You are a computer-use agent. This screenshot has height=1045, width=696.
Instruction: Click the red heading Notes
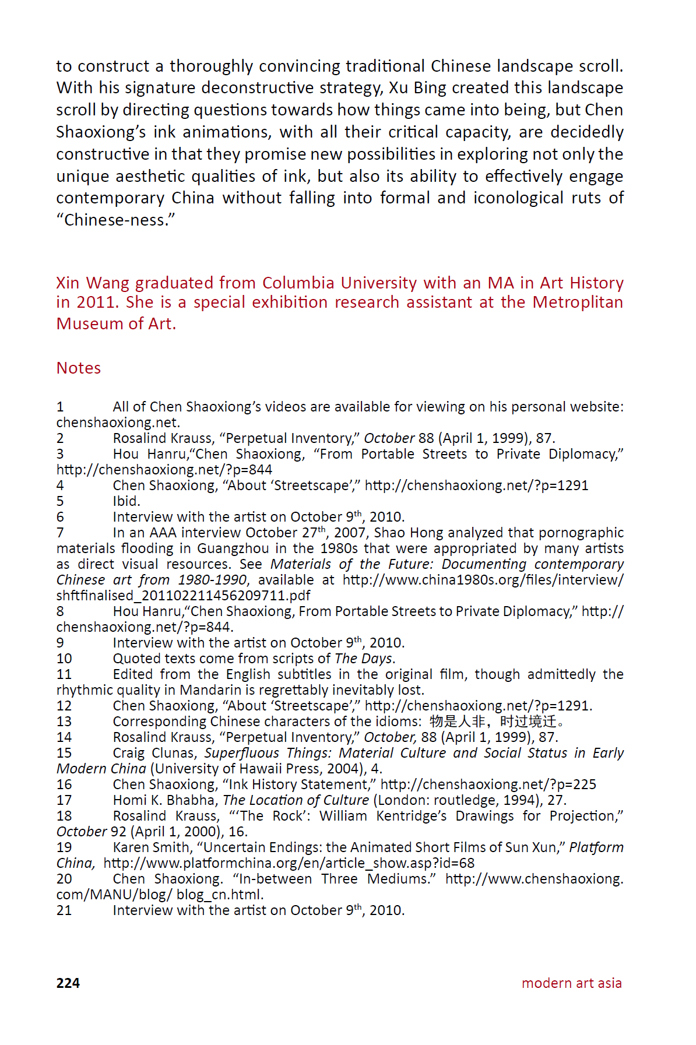[x=79, y=368]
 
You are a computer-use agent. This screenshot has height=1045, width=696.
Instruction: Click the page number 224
[x=68, y=983]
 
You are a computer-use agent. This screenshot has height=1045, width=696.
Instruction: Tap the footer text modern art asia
[x=571, y=983]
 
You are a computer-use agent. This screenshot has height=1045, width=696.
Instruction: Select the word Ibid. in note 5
[x=126, y=501]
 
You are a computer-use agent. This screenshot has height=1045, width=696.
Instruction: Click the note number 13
[x=64, y=722]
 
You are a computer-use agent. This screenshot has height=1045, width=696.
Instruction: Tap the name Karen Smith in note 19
[x=151, y=847]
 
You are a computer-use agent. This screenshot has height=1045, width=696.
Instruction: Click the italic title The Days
[x=363, y=659]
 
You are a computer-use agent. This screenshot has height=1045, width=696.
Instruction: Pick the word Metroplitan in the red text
[x=578, y=302]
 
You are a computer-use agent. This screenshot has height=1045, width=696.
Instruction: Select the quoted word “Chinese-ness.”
[x=116, y=220]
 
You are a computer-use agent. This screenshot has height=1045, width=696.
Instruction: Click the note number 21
[x=64, y=910]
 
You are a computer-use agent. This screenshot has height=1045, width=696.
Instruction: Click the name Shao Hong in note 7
[x=403, y=533]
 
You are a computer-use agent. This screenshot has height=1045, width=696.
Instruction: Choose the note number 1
[x=60, y=407]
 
